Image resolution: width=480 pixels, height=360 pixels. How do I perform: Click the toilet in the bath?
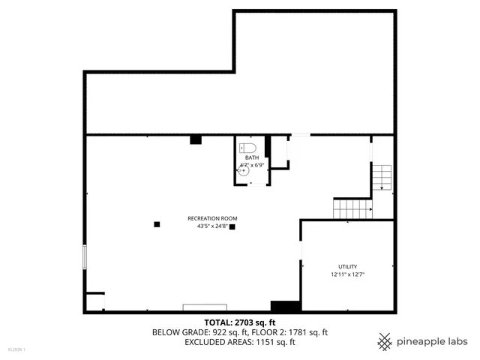click(x=250, y=148)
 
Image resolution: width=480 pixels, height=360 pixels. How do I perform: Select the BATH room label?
click(x=250, y=157)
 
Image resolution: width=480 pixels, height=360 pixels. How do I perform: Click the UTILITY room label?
click(x=347, y=267)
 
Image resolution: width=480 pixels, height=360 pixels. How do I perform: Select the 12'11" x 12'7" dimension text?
click(x=347, y=274)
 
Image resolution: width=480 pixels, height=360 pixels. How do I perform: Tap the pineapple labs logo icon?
click(x=385, y=341)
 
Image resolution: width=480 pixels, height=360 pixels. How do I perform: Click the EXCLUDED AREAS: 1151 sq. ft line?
click(x=240, y=342)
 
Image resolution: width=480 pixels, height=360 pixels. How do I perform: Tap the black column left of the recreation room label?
click(x=157, y=223)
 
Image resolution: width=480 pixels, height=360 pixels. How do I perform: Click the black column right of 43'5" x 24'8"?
click(x=232, y=226)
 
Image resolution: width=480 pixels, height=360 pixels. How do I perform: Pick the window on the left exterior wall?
click(x=85, y=257)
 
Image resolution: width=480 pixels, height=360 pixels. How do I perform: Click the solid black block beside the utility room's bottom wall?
click(x=285, y=306)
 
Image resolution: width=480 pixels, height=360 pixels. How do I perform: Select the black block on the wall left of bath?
click(x=196, y=139)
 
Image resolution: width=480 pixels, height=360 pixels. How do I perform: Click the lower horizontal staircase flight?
click(x=352, y=208)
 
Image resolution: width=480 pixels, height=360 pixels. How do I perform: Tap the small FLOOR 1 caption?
click(x=16, y=349)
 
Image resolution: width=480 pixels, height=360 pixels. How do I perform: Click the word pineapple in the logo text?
click(x=422, y=341)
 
